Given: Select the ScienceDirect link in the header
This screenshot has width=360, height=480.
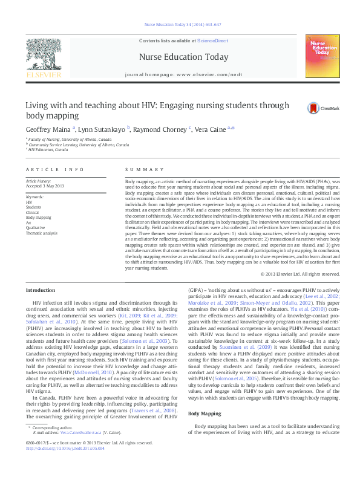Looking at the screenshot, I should tap(212, 40).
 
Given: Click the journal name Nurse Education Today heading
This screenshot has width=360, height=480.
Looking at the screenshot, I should tap(183, 57).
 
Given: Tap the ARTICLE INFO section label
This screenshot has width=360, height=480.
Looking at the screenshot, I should tap(55, 170).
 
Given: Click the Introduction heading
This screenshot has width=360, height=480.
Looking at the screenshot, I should tap(40, 290).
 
